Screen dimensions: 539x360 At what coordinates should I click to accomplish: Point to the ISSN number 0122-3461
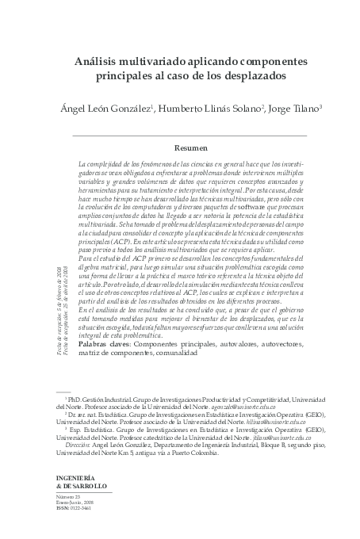click(83, 514)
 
